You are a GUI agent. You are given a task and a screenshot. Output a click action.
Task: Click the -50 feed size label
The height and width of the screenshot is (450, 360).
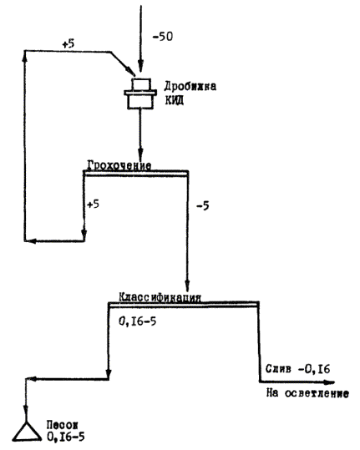(x=163, y=37)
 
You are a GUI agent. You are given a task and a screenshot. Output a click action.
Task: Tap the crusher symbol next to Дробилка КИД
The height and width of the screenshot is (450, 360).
(x=140, y=94)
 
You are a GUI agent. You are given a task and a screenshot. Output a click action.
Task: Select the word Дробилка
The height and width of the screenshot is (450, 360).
(x=190, y=86)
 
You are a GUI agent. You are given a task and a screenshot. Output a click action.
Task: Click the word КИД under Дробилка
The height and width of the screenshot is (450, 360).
(x=175, y=101)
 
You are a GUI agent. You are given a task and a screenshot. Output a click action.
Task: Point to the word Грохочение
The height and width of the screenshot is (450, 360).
(x=119, y=165)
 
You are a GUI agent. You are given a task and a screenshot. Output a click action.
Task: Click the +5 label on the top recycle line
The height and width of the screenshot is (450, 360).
(x=68, y=43)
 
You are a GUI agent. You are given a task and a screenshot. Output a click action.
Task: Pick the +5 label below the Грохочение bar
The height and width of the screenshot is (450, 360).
(x=93, y=204)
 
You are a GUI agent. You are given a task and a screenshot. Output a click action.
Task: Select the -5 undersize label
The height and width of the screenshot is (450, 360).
(x=203, y=205)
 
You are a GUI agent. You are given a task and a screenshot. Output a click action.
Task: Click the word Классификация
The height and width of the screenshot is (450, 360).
(x=160, y=297)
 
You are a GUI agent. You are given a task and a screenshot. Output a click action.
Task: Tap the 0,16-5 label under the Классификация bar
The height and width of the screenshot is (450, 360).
(x=138, y=321)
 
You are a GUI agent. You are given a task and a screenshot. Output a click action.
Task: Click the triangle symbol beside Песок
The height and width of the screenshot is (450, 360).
(x=27, y=431)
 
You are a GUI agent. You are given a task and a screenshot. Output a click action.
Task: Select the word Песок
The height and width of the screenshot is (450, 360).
(x=63, y=425)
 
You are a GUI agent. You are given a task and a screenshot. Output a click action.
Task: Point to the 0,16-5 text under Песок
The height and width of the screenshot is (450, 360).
(x=66, y=437)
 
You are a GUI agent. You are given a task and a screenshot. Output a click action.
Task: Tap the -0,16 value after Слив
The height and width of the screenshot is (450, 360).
(x=314, y=369)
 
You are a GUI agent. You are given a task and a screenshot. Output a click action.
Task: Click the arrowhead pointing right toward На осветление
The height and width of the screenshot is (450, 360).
(x=328, y=382)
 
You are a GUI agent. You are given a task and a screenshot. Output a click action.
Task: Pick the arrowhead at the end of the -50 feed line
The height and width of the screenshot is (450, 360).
(x=140, y=67)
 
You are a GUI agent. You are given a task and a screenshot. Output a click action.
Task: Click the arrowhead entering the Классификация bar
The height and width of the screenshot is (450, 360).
(x=187, y=286)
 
